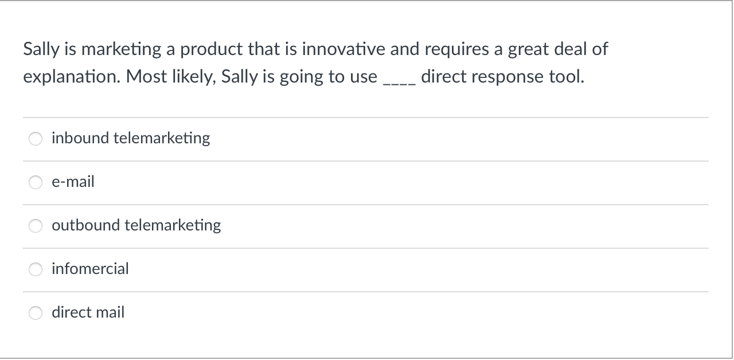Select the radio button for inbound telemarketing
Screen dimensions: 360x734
[36, 139]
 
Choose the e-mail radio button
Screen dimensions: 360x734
[36, 182]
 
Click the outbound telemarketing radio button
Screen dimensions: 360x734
[36, 226]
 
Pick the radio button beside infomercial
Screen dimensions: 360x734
[36, 269]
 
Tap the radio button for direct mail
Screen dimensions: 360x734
[36, 313]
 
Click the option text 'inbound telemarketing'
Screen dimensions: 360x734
[131, 138]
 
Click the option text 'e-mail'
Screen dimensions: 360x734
[73, 182]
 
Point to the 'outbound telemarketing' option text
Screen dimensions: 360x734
[136, 225]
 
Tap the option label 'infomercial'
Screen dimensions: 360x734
[90, 269]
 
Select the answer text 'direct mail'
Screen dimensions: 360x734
[88, 312]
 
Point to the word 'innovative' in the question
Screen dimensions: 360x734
[343, 50]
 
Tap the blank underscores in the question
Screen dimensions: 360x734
[399, 80]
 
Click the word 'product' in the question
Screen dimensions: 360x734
[212, 50]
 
